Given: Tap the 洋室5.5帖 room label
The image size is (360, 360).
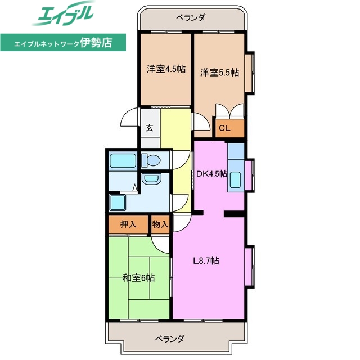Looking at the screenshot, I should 219,72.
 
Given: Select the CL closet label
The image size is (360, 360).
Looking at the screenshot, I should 224,128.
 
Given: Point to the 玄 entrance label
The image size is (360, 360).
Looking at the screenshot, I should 150,128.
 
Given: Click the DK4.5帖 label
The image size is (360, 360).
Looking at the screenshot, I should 211,174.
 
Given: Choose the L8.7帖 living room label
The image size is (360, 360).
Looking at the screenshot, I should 206,260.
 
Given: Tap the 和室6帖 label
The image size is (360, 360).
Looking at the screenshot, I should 139,278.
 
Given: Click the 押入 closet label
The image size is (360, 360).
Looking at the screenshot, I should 128,224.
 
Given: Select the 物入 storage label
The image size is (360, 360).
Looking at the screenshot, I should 160,224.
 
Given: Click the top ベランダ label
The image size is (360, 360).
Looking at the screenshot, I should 190,18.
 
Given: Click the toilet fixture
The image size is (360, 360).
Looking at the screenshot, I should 151,160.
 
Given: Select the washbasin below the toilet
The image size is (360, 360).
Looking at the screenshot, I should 151,179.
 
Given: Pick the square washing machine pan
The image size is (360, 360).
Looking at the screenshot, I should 119,202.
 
